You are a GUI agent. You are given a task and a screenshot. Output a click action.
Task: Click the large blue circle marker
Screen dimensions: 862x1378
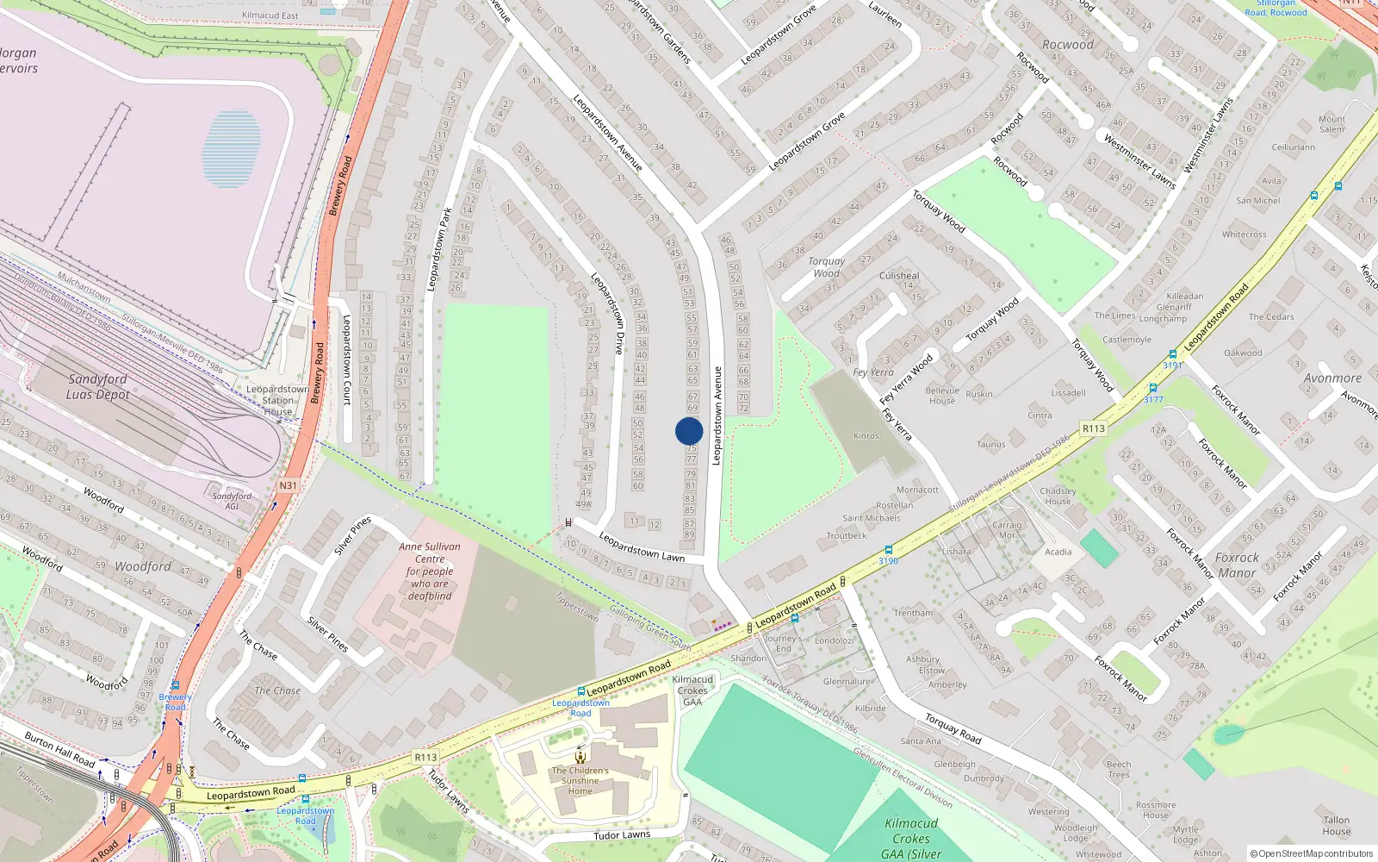tap(689, 431)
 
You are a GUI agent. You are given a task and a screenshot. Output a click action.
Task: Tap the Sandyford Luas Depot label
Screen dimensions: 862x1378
tap(98, 387)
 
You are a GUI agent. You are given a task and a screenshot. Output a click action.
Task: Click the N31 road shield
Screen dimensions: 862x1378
tap(288, 486)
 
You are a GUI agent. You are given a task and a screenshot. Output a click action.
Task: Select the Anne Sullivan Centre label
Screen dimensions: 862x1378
tap(430, 571)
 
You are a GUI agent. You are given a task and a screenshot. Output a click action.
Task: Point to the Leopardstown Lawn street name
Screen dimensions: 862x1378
tap(642, 548)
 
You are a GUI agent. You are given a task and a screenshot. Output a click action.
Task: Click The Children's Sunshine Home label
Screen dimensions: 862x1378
tap(580, 780)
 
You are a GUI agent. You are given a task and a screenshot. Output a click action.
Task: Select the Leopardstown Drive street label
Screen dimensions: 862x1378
tap(607, 314)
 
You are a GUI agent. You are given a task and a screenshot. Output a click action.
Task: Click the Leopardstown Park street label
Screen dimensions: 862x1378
tap(439, 249)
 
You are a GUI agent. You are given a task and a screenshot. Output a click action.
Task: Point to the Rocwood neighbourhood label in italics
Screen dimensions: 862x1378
tap(1068, 45)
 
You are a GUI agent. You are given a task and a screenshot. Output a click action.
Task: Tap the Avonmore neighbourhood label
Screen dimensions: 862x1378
tap(1332, 378)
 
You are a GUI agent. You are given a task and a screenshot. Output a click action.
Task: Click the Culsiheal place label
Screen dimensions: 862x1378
tap(899, 276)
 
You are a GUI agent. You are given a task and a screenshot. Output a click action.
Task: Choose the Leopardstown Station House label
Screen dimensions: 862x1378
tap(277, 400)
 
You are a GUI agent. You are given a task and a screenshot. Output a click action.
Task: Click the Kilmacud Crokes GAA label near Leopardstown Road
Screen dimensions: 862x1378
tap(692, 690)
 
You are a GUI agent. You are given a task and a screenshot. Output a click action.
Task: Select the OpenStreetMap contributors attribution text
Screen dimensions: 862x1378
tap(1312, 853)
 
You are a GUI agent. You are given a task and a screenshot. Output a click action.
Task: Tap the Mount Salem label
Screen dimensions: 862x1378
tap(1331, 124)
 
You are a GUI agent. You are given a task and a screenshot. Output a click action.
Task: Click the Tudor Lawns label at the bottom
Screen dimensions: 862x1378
tap(622, 835)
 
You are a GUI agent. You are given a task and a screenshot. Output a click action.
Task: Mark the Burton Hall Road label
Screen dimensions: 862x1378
tap(59, 749)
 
